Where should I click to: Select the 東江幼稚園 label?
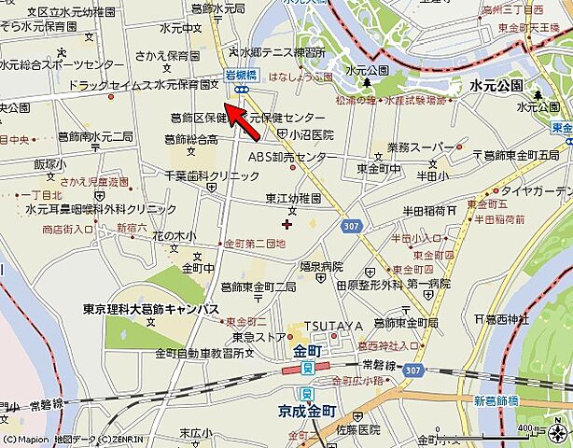point(292,199)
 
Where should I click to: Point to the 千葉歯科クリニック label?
point(199,175)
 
